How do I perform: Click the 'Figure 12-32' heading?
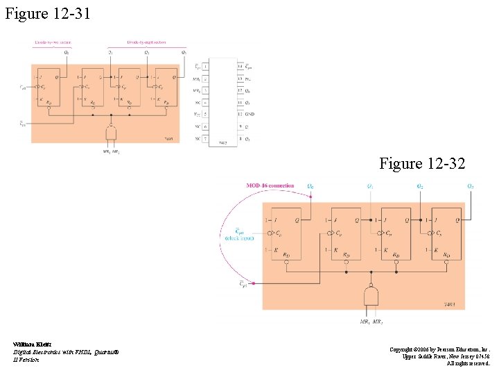(x=422, y=163)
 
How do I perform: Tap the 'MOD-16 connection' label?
(x=270, y=186)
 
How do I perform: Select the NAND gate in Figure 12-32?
(x=371, y=297)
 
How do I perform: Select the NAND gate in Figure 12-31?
(x=111, y=132)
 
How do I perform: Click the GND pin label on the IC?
(x=250, y=113)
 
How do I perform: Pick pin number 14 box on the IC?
(x=240, y=67)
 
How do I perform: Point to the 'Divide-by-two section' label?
(x=53, y=42)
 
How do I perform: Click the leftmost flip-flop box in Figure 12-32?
(x=286, y=234)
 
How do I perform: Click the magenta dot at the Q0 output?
(x=310, y=197)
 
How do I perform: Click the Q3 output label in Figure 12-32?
(x=471, y=186)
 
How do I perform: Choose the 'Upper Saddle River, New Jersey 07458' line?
(x=446, y=356)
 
